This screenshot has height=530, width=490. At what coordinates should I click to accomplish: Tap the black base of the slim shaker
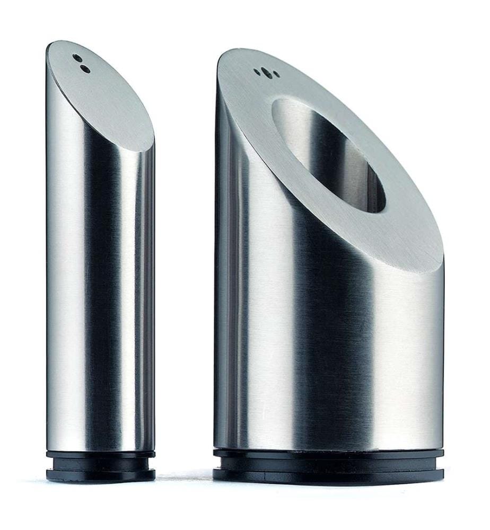point(100,466)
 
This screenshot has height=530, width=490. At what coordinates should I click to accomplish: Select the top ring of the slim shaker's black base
point(100,455)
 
